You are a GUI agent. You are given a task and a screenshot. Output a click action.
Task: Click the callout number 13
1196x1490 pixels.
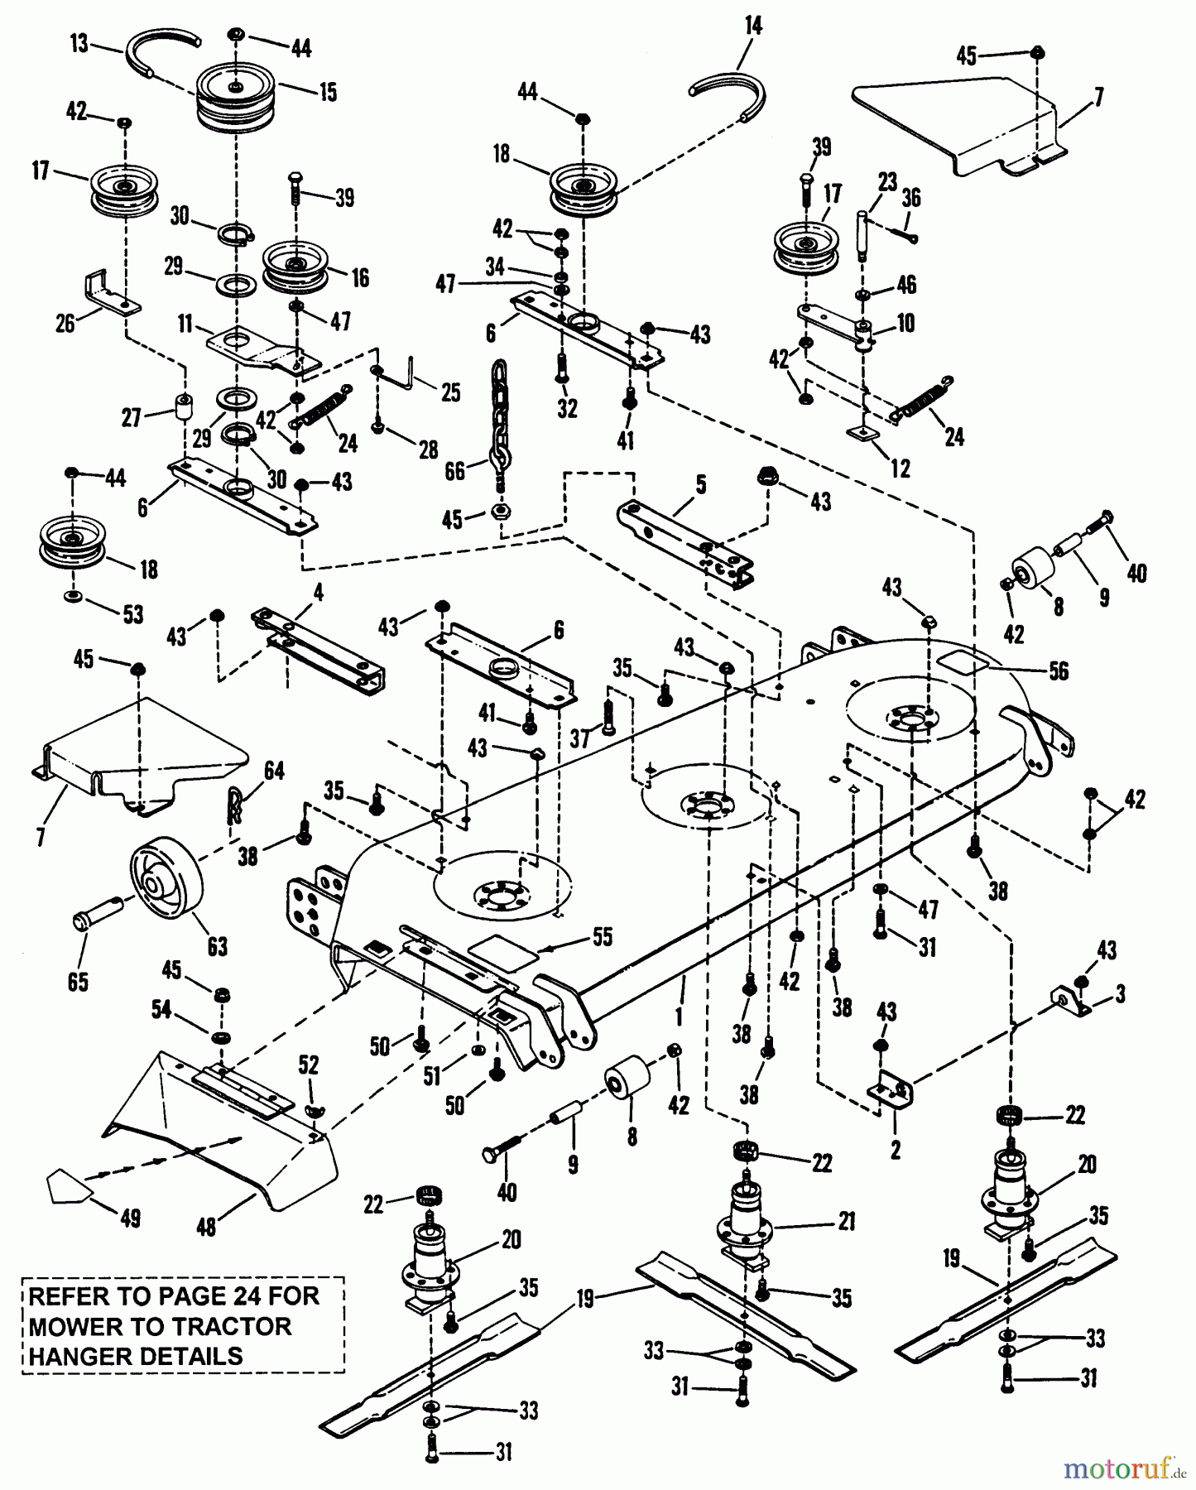[79, 43]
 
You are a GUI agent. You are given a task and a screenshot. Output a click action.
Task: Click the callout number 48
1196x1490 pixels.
[205, 1225]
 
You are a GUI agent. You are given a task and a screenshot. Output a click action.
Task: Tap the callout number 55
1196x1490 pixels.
[603, 937]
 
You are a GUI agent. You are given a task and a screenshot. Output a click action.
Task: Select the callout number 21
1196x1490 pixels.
[846, 1221]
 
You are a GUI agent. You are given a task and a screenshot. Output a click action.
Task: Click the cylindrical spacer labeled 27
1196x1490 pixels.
[182, 408]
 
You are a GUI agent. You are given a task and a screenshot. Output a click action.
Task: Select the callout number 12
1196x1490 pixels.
[900, 468]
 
